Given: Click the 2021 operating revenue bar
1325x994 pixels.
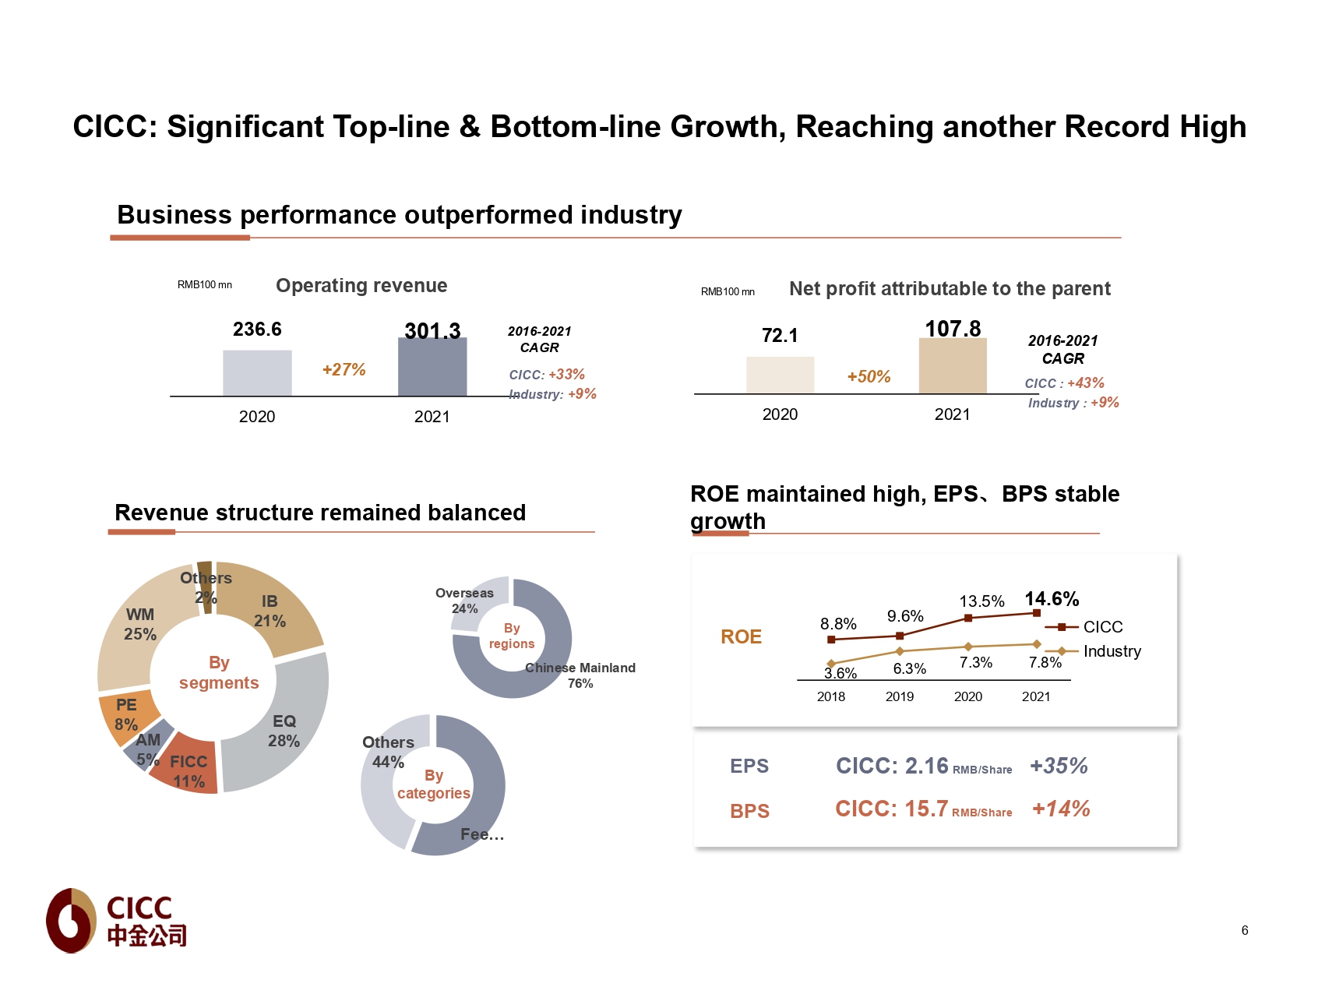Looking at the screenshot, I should pos(432,367).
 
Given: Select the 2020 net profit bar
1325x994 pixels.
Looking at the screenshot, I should pos(780,375).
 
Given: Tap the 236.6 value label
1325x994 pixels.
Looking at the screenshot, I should pos(257,330).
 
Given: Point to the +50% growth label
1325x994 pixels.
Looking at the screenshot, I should pos(869,377).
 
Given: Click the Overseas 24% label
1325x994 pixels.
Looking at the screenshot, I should pos(464,601).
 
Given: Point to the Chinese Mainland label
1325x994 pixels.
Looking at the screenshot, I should pos(580,668).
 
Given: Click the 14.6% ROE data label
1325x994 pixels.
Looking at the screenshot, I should pos(1052,599).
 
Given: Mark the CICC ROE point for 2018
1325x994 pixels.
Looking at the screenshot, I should pos(831,640).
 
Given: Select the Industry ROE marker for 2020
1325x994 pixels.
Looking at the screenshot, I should pos(968,647).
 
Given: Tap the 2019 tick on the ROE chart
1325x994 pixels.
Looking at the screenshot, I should pos(900,696).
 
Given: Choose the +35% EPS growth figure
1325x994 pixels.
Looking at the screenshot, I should pos(1059,767).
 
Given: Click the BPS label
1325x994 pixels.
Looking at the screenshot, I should pos(749,812).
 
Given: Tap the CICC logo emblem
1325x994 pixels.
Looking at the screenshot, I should pos(72,921).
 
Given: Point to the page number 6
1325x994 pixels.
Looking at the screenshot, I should pos(1245,930).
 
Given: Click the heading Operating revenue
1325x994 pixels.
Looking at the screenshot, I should pos(361,286).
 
